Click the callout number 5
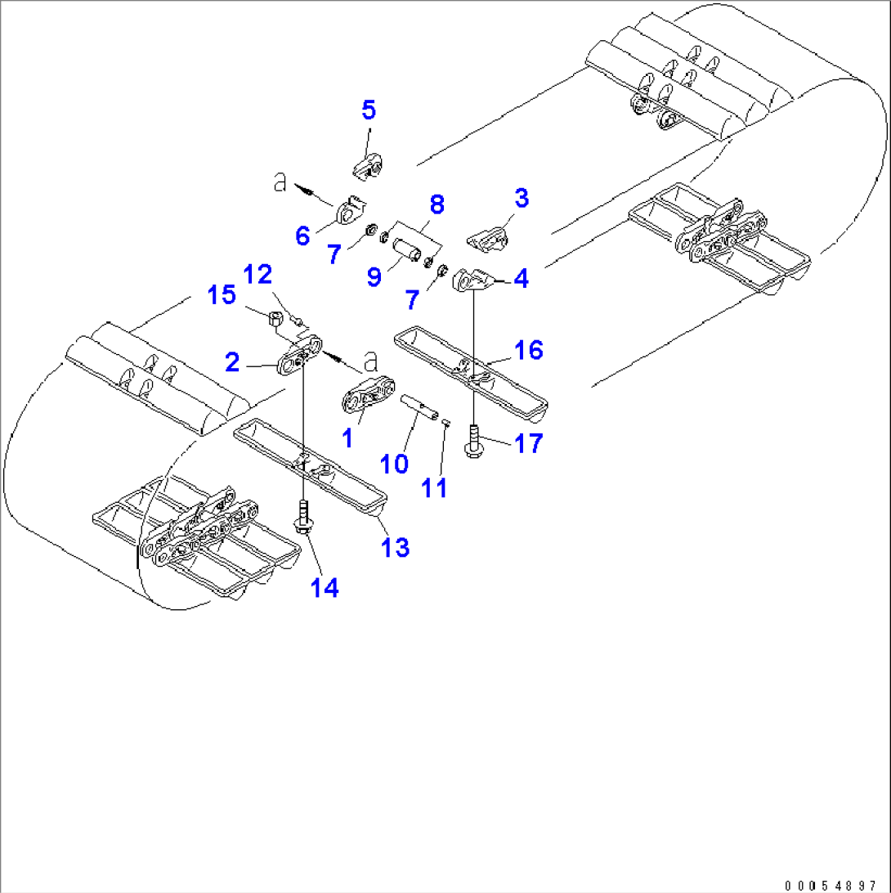tap(369, 109)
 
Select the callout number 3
tap(521, 198)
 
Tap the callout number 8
tap(437, 204)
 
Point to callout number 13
tap(396, 547)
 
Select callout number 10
tap(394, 464)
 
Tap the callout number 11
tap(435, 488)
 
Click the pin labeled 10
tap(419, 405)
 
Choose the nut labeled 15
tap(276, 317)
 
